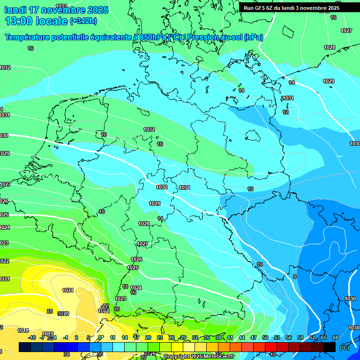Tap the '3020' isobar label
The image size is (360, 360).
pyautogui.click(x=63, y=314)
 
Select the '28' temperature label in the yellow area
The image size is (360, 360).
pyautogui.click(x=50, y=311)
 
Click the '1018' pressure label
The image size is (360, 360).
pyautogui.click(x=23, y=330)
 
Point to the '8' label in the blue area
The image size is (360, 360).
pyautogui.click(x=294, y=277)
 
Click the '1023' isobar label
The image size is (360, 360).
pyautogui.click(x=120, y=299)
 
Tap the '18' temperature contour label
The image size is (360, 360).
pyautogui.click(x=125, y=286)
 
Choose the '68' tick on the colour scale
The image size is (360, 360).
pyautogui.click(x=335, y=337)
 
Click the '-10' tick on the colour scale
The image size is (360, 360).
pyautogui.click(x=32, y=337)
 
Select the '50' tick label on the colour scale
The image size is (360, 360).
pyautogui.click(x=265, y=337)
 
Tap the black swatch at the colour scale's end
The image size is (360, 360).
pyautogui.click(x=330, y=347)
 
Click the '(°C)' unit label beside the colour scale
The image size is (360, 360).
pyautogui.click(x=344, y=348)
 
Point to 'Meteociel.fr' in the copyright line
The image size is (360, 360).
pyautogui.click(x=216, y=357)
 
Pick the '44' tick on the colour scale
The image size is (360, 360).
pyautogui.click(x=242, y=337)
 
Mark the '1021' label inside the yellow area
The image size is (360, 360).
pyautogui.click(x=68, y=290)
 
